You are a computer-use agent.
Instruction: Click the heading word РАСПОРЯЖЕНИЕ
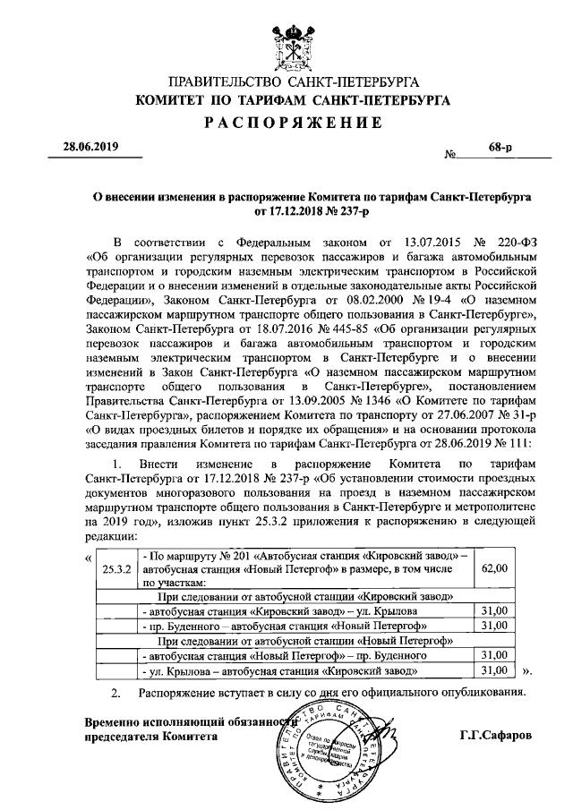286,122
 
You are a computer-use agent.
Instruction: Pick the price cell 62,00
495,568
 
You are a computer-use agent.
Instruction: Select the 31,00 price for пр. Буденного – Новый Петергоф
495,625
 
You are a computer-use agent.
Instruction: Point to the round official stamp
341,748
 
